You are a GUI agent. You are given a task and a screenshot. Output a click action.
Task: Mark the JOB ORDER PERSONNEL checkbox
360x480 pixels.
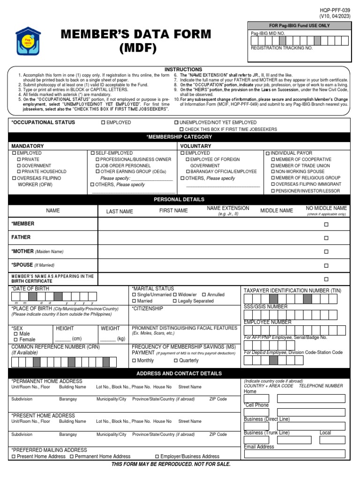click(97, 166)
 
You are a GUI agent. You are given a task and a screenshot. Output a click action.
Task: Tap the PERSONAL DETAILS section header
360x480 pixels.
click(180, 199)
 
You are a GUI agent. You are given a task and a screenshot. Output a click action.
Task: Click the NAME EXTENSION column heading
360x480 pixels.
click(228, 208)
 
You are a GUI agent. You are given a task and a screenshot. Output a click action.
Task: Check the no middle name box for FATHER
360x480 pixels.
click(326, 238)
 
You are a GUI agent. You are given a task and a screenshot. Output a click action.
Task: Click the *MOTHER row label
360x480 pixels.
click(22, 251)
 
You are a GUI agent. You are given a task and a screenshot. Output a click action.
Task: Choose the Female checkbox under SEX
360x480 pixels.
click(16, 339)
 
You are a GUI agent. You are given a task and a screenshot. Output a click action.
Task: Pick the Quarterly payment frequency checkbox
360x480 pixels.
click(176, 360)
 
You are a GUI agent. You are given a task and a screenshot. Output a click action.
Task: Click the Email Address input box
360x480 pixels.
click(295, 454)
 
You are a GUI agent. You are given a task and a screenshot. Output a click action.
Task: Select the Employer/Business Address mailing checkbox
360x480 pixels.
click(157, 457)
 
